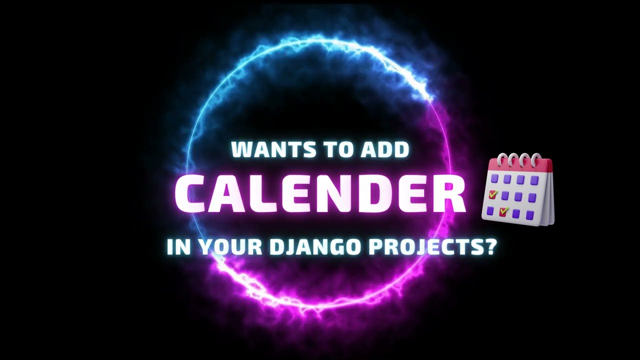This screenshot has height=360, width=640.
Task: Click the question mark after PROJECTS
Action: click(x=490, y=247)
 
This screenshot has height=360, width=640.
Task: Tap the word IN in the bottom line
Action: click(x=178, y=247)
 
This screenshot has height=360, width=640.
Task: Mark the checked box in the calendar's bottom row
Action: click(x=503, y=212)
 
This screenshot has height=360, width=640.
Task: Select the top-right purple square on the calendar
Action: click(x=534, y=180)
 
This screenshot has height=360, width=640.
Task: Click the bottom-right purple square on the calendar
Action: click(x=530, y=215)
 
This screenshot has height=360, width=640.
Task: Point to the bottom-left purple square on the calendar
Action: click(x=490, y=210)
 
